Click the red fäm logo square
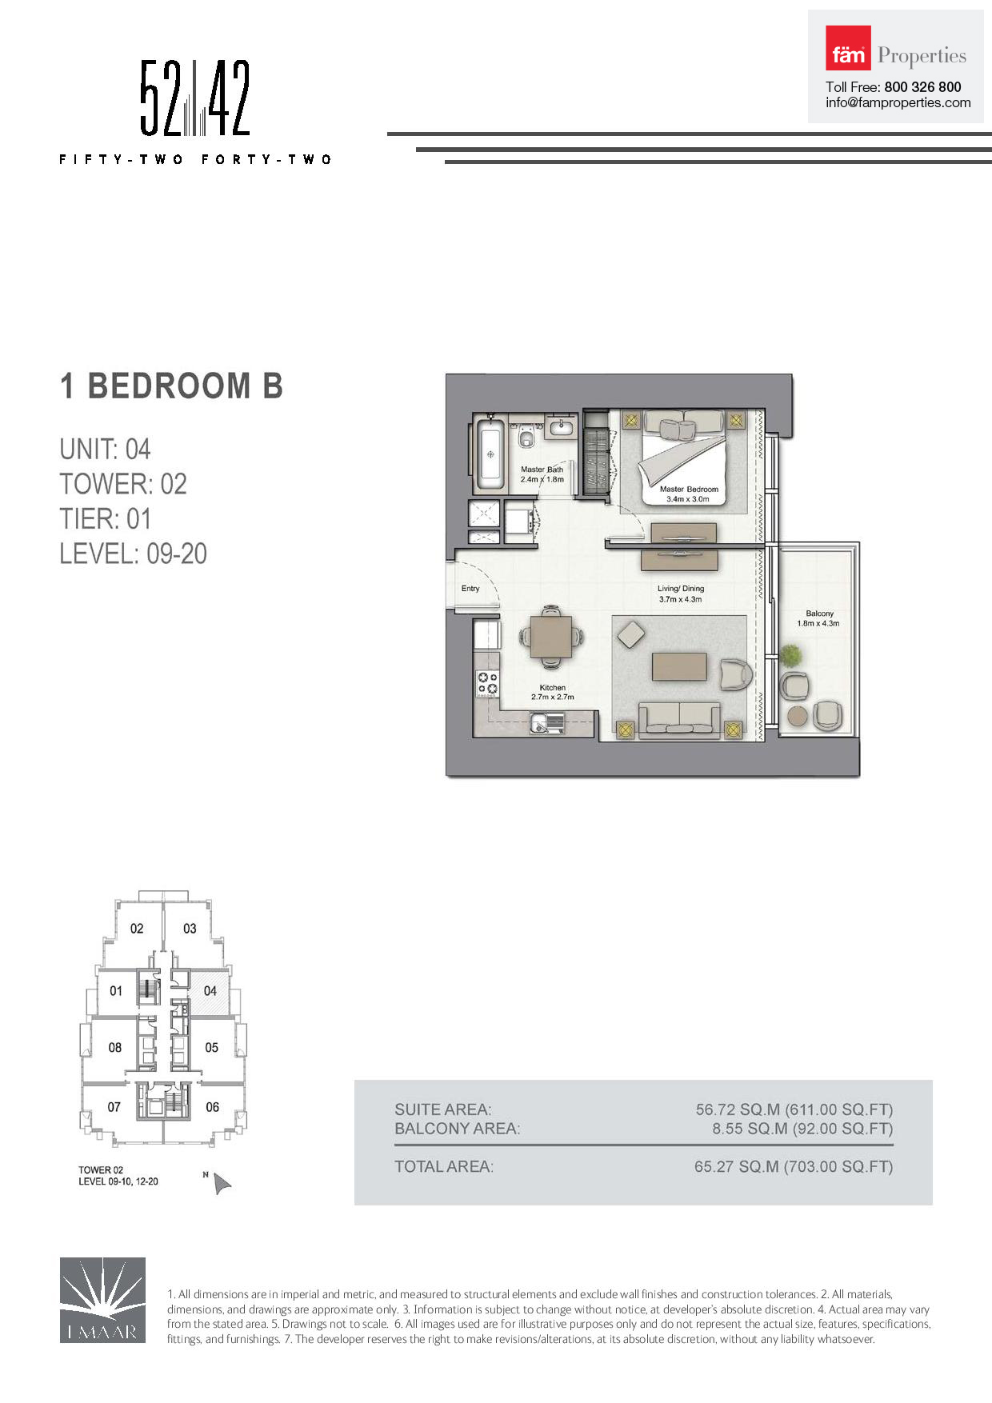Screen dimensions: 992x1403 (848, 48)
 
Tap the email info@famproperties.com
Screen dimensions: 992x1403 (898, 102)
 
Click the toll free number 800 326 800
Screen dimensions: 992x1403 (922, 86)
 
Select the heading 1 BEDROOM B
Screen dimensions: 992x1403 (171, 386)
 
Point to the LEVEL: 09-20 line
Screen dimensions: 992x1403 (133, 554)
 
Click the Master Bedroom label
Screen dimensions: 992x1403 (689, 489)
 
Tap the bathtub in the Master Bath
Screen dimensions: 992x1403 (490, 454)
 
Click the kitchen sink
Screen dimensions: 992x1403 (546, 724)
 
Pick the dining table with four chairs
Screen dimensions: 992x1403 (551, 637)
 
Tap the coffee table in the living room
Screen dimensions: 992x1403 (679, 666)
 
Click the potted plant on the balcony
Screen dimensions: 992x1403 (791, 656)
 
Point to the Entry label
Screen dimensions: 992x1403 (470, 589)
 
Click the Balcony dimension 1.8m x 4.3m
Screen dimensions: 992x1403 (818, 623)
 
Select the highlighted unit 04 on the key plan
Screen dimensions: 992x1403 (210, 992)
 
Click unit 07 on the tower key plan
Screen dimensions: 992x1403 (114, 1107)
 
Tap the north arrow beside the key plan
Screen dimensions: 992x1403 (222, 1183)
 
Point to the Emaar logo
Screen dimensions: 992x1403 (102, 1300)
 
